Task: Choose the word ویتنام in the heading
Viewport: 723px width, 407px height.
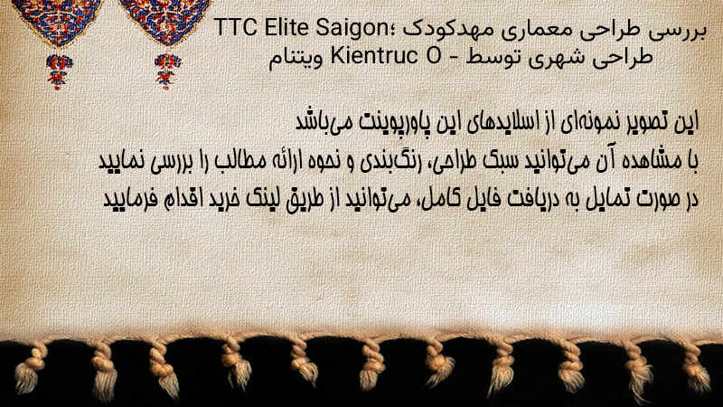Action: click(x=296, y=58)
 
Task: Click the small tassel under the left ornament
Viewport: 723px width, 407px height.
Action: click(x=59, y=71)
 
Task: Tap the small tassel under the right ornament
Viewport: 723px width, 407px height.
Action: click(x=167, y=71)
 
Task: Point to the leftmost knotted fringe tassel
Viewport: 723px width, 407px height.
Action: click(x=29, y=368)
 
